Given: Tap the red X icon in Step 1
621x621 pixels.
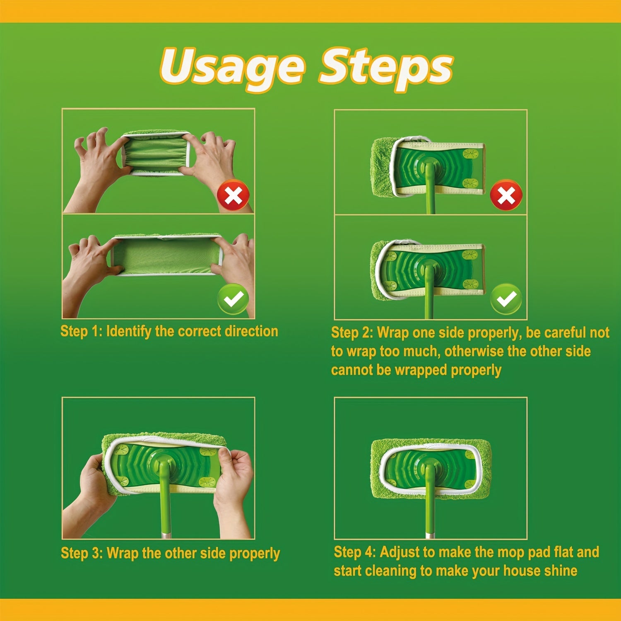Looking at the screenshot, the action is click(233, 195).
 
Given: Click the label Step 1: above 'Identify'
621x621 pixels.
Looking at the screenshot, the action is click(81, 331).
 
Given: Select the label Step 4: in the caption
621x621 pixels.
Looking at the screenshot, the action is click(355, 552).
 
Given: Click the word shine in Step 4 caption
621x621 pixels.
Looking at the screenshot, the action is click(561, 570).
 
